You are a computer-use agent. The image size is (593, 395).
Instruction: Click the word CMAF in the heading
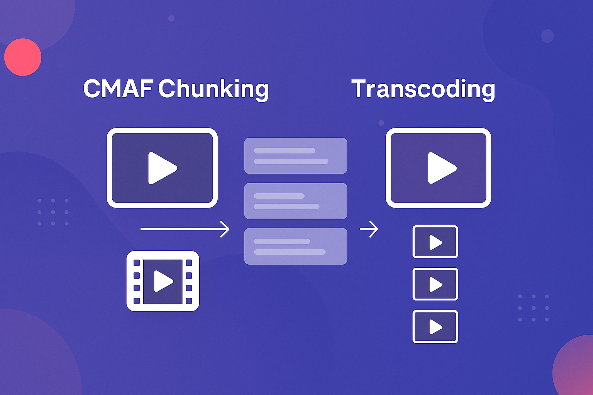tap(118, 88)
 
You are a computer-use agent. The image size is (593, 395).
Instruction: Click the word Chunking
tap(213, 89)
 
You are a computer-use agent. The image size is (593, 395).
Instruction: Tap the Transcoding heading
tap(423, 89)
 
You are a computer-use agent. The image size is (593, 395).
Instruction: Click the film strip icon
tap(163, 281)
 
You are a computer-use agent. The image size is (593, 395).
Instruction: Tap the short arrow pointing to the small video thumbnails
tap(369, 229)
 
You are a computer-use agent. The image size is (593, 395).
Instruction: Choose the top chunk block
tap(296, 156)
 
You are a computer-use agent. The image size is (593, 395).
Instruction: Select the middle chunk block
tap(296, 201)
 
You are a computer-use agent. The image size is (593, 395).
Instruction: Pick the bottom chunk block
tap(296, 246)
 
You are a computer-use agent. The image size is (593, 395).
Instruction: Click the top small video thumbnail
tap(435, 242)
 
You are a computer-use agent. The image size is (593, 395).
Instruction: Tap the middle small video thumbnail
tap(435, 284)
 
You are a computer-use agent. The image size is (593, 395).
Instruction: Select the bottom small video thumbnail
tap(435, 327)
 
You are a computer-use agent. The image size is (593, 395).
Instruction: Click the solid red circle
tap(23, 57)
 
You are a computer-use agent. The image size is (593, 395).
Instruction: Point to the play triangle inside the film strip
tap(163, 281)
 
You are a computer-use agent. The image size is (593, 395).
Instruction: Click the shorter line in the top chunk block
tap(285, 150)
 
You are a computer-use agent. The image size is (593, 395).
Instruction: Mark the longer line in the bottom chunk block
tap(290, 252)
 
